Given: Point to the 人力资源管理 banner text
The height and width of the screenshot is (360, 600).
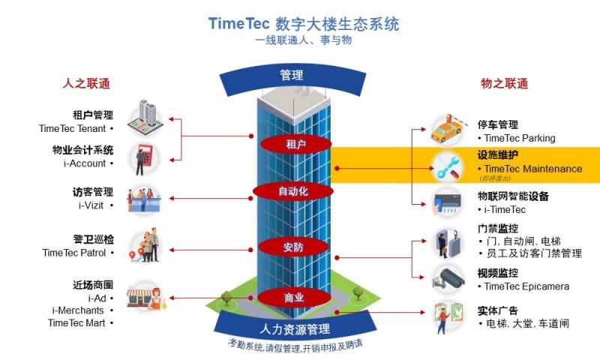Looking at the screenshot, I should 294,328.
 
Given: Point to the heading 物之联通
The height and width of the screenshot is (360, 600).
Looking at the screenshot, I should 504,83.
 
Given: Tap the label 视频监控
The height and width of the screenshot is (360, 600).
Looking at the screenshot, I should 498,274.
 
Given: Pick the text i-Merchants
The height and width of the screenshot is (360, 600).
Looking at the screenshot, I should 78,310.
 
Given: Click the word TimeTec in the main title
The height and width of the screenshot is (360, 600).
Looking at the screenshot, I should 237,23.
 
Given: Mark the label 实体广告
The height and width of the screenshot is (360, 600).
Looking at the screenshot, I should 498,310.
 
